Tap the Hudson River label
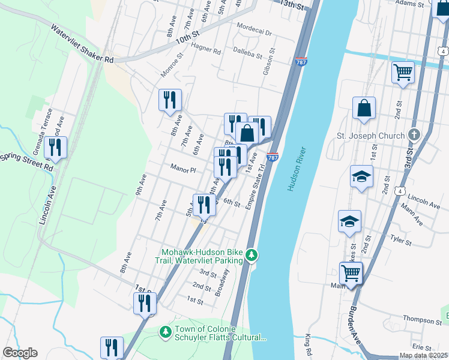pos(297,170)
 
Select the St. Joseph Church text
pos(370,136)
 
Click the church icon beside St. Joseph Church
pos(413,135)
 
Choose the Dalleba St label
pos(249,53)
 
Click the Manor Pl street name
pos(183,170)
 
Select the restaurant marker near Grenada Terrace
pos(55,147)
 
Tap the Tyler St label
pos(400,241)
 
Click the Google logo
pos(20,353)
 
